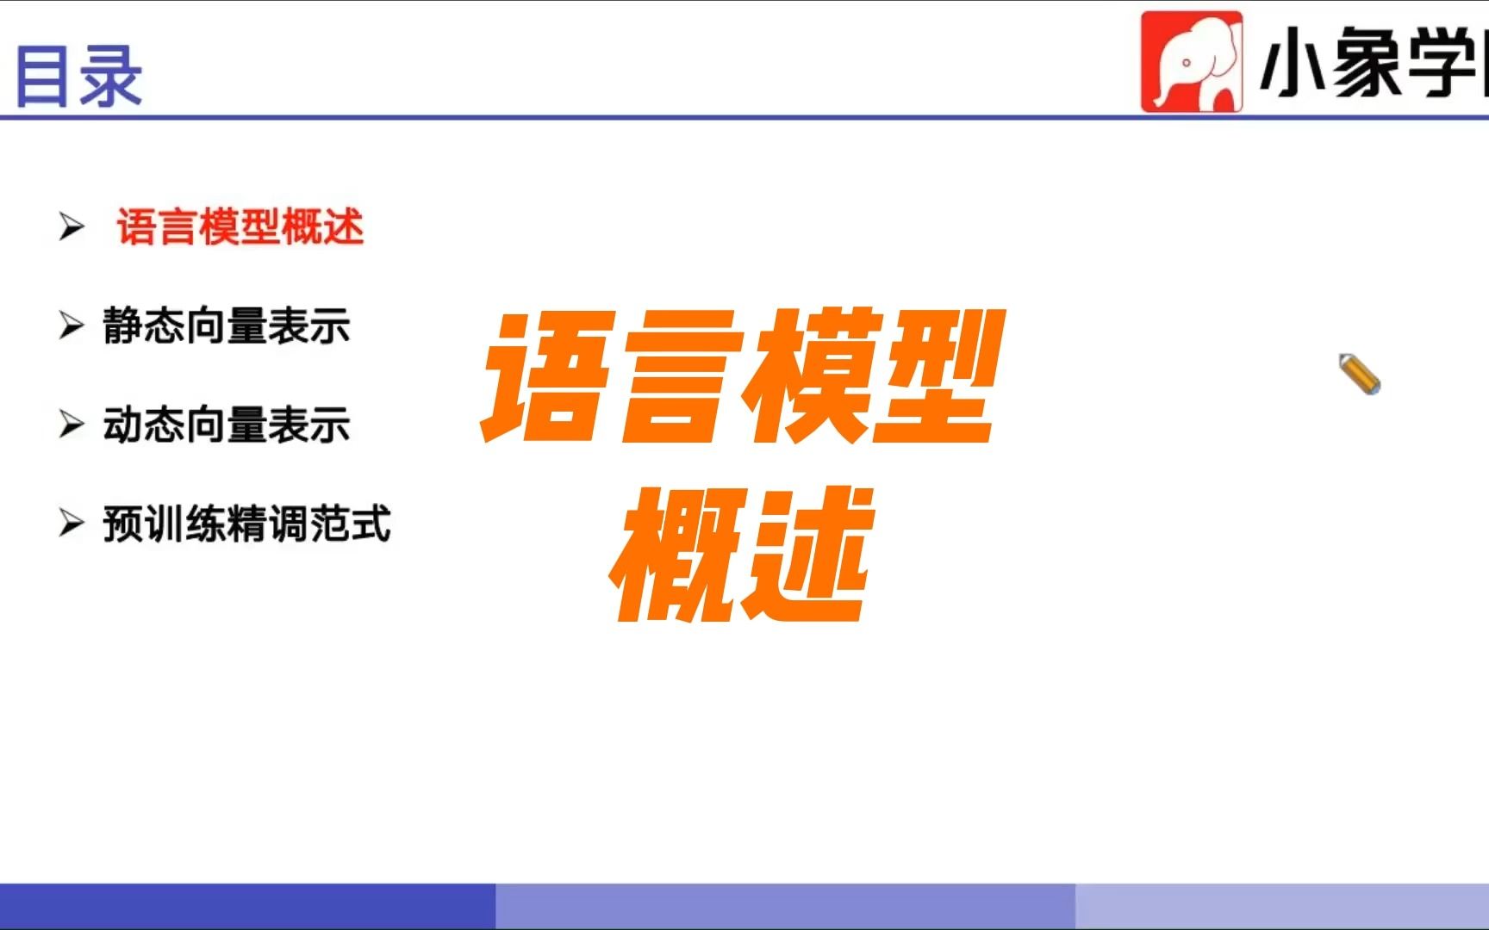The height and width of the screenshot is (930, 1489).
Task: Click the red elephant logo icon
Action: pyautogui.click(x=1192, y=62)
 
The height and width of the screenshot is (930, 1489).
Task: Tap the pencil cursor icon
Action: pyautogui.click(x=1360, y=375)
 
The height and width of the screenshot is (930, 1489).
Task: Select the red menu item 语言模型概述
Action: pyautogui.click(x=240, y=227)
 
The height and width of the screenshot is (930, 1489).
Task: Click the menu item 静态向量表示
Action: pyautogui.click(x=227, y=326)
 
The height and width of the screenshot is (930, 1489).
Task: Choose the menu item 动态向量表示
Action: pyautogui.click(x=227, y=425)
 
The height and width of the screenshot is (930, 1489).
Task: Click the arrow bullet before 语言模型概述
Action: pyautogui.click(x=72, y=227)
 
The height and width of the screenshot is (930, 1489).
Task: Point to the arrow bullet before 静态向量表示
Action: pyautogui.click(x=72, y=326)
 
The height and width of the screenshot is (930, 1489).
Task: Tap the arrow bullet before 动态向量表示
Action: pyautogui.click(x=72, y=425)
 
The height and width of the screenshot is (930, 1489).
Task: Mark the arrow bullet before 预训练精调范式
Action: pyautogui.click(x=72, y=524)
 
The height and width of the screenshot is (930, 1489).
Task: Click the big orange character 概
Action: pyautogui.click(x=676, y=555)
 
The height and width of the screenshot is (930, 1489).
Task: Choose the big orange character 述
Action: pyautogui.click(x=806, y=555)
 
